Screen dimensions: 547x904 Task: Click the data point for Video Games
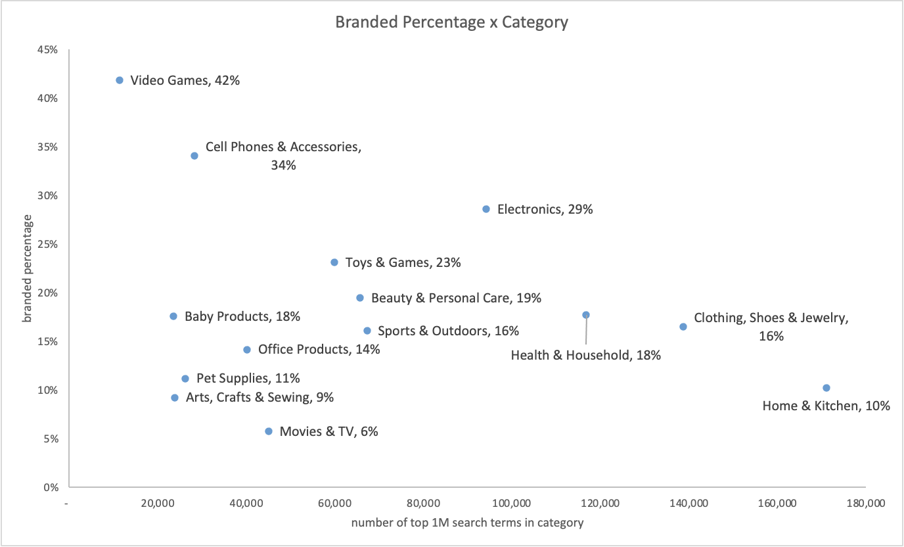point(120,80)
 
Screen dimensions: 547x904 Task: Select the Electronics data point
point(486,209)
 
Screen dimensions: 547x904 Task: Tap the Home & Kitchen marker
point(826,388)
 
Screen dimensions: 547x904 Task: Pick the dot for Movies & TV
point(269,431)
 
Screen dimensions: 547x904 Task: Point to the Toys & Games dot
point(334,262)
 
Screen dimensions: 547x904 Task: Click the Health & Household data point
point(586,315)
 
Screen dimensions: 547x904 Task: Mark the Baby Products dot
point(173,316)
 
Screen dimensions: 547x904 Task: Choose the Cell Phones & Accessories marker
point(194,156)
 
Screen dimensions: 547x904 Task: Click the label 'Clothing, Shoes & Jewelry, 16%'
point(771,327)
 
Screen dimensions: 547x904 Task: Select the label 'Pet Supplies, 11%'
point(248,379)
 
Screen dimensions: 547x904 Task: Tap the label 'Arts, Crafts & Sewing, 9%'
point(260,397)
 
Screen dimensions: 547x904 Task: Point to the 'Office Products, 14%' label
point(319,349)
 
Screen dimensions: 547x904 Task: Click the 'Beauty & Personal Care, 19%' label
point(456,298)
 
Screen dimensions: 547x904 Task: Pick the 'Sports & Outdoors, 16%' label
point(448,331)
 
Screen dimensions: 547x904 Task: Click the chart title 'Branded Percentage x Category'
point(451,22)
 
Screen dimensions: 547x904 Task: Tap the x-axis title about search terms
point(467,523)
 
